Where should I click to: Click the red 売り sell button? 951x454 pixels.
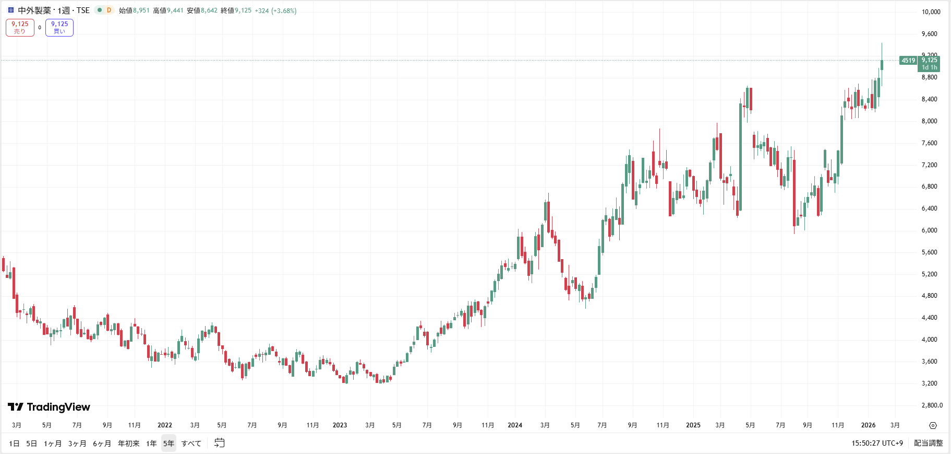pyautogui.click(x=20, y=28)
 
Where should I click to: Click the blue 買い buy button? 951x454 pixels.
pyautogui.click(x=59, y=28)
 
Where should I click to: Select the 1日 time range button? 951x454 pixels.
pyautogui.click(x=14, y=444)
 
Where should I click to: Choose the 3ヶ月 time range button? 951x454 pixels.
pyautogui.click(x=77, y=444)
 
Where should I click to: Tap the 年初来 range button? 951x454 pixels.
pyautogui.click(x=128, y=444)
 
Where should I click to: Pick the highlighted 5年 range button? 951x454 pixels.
pyautogui.click(x=168, y=444)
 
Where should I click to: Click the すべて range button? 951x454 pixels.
pyautogui.click(x=191, y=444)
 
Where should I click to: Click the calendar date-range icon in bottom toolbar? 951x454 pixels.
pyautogui.click(x=220, y=443)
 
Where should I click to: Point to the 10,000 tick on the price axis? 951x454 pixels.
pyautogui.click(x=931, y=12)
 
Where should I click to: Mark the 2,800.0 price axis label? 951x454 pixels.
pyautogui.click(x=932, y=405)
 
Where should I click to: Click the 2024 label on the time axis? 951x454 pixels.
pyautogui.click(x=515, y=425)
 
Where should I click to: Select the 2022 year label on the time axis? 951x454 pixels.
pyautogui.click(x=165, y=425)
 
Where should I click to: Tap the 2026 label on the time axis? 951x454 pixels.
pyautogui.click(x=868, y=425)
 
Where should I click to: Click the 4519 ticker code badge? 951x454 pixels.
pyautogui.click(x=908, y=61)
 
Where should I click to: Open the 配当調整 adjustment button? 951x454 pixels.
pyautogui.click(x=928, y=443)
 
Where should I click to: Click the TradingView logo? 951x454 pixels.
pyautogui.click(x=49, y=407)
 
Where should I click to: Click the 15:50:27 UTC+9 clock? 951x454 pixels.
pyautogui.click(x=877, y=443)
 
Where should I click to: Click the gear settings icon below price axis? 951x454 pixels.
pyautogui.click(x=933, y=425)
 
